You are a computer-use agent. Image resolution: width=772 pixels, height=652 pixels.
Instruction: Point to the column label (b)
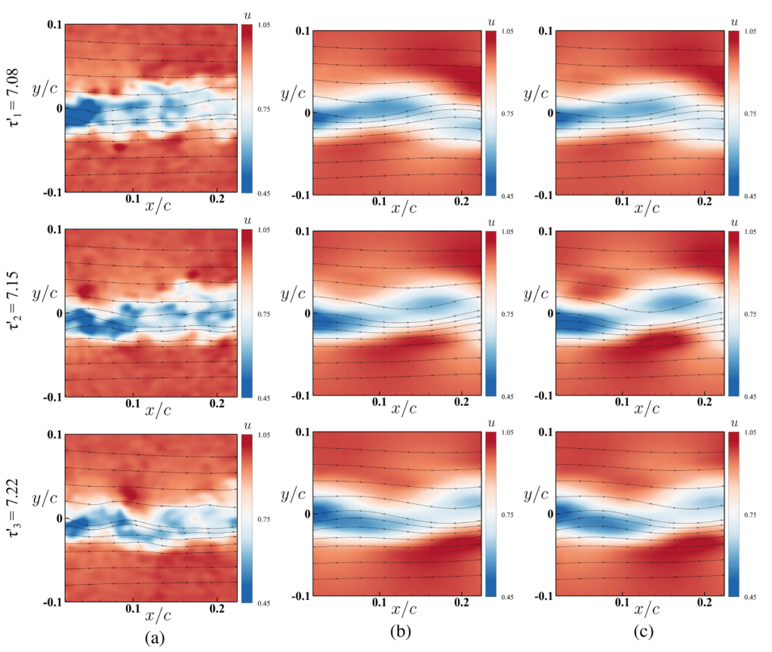(397, 638)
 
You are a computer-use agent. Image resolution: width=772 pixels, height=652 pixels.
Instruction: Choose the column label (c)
(641, 638)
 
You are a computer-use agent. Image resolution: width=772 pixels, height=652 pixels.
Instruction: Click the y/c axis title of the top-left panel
(45, 88)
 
